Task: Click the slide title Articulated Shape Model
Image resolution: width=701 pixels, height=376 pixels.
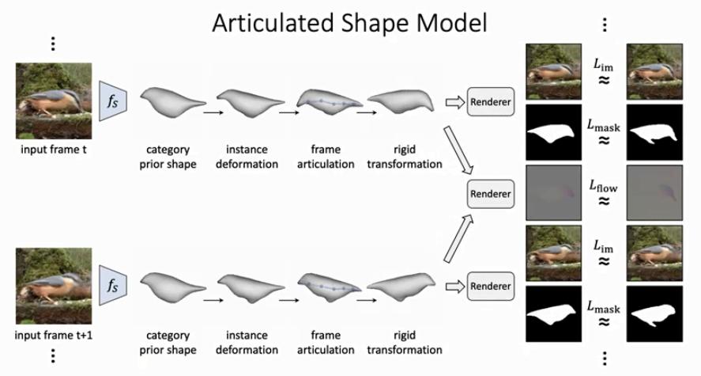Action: [350, 23]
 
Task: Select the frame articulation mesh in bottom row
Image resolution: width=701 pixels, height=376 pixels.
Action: [330, 286]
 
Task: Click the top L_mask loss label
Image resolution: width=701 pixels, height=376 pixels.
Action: [603, 124]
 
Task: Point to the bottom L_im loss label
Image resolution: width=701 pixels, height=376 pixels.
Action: [603, 246]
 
